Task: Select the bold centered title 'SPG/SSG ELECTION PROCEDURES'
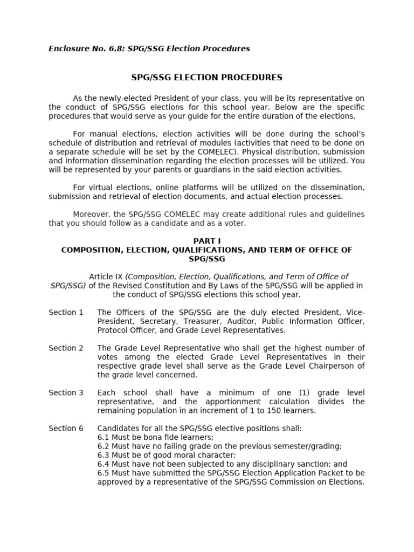coord(207,78)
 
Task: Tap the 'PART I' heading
coord(207,241)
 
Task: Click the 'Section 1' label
coord(66,313)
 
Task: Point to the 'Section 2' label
coord(66,348)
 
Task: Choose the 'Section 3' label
coord(66,393)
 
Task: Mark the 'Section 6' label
coord(66,429)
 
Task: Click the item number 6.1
coord(103,437)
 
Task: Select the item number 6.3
coord(103,455)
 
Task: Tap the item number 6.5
coord(103,473)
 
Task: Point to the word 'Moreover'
coord(90,215)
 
